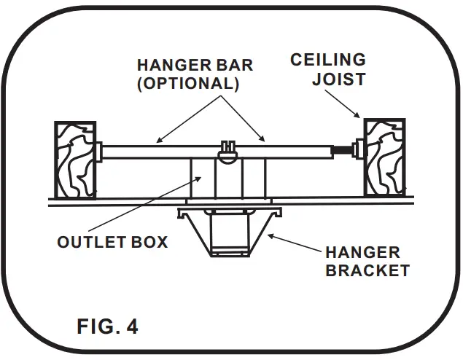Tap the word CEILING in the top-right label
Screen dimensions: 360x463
click(x=327, y=60)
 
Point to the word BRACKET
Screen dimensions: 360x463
click(x=367, y=270)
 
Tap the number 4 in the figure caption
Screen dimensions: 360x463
click(x=131, y=326)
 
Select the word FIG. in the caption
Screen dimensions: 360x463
click(x=97, y=326)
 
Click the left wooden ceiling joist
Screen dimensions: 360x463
click(x=76, y=160)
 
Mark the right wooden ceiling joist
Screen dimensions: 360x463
click(x=384, y=158)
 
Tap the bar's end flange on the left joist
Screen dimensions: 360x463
click(x=98, y=153)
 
